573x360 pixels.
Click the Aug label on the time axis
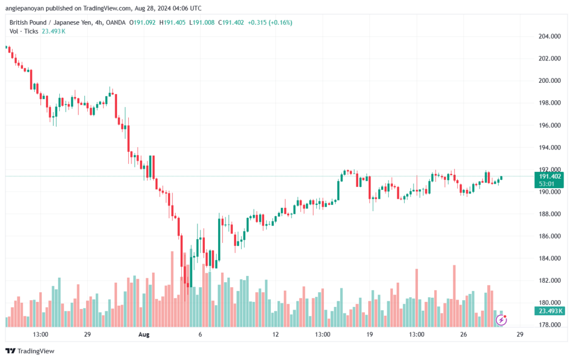click(144, 335)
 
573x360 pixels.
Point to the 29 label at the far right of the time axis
click(520, 335)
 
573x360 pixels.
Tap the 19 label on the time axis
click(369, 335)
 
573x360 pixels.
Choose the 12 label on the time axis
click(275, 335)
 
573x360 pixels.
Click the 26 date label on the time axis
click(463, 335)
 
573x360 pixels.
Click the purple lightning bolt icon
click(502, 320)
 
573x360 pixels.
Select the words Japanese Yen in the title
click(68, 22)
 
